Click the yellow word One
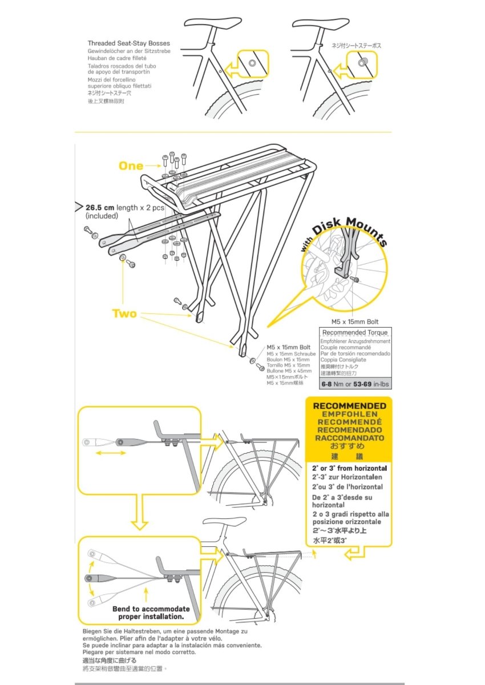tap(131, 166)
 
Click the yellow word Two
tap(124, 313)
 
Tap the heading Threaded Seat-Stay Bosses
tap(128, 43)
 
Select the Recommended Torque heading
tap(355, 332)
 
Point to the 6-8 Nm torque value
tap(333, 384)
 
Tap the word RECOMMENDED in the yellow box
tap(349, 406)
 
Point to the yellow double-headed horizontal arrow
tap(111, 453)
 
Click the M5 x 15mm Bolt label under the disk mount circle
tap(355, 322)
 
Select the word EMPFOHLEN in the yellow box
tap(349, 414)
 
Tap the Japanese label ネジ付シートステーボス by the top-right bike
tap(357, 45)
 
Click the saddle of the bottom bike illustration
tap(220, 524)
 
